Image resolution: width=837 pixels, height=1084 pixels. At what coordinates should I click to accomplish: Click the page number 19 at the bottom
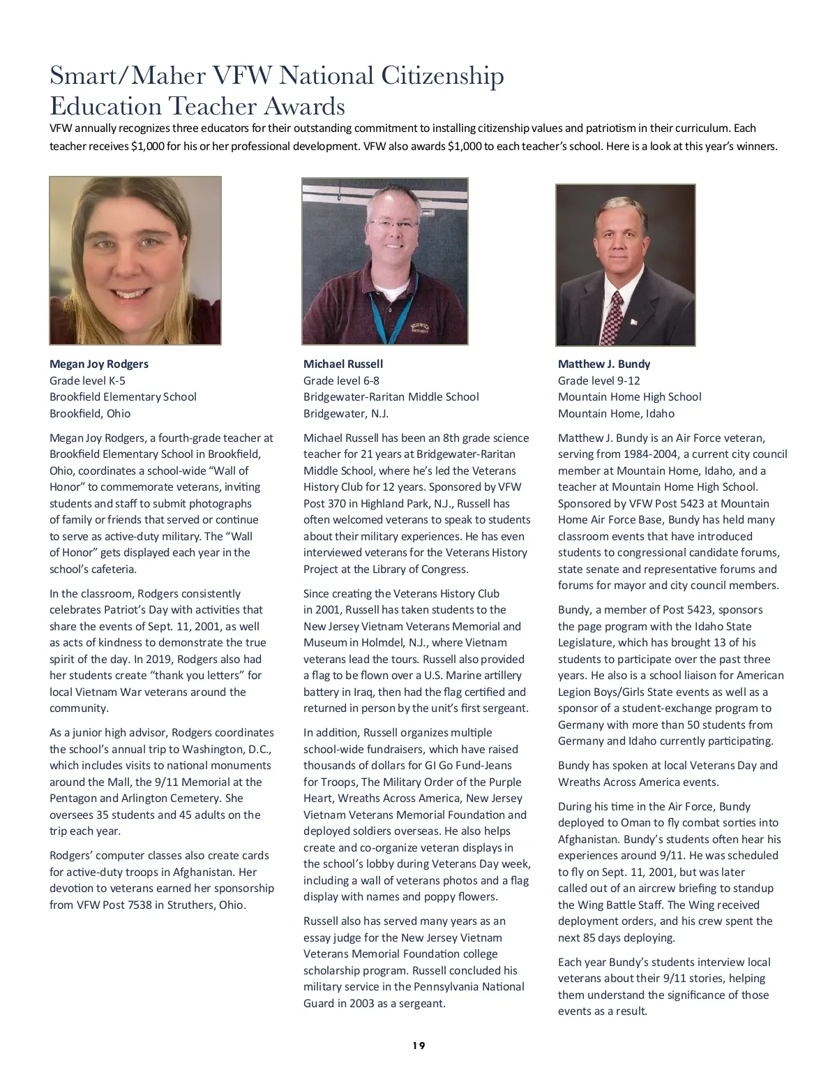tap(418, 1046)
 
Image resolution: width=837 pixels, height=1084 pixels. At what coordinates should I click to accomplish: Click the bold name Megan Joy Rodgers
tap(98, 364)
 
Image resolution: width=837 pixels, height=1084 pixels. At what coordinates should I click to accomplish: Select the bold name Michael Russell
tap(343, 364)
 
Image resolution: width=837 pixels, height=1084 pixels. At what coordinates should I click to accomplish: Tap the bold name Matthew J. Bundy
tap(604, 364)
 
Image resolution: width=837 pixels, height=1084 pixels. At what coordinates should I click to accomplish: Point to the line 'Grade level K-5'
tap(87, 380)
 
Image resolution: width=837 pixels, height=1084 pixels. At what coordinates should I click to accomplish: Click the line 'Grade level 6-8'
tap(341, 380)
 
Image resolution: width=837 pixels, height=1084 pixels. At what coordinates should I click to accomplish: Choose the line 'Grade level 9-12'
tap(598, 380)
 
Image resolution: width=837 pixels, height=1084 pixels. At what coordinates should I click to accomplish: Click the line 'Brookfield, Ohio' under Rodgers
tap(90, 413)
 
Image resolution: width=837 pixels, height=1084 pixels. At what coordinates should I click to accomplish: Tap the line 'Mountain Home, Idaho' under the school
tap(616, 413)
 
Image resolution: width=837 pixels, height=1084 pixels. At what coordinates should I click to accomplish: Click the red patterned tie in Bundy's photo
tap(613, 318)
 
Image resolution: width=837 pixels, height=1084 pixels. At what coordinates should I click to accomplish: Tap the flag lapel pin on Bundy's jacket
tap(634, 321)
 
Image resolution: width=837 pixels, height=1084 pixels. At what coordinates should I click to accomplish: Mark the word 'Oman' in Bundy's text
tap(635, 822)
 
